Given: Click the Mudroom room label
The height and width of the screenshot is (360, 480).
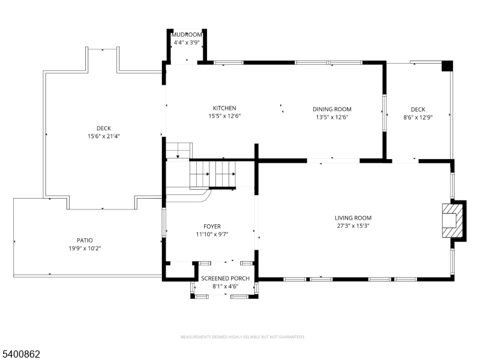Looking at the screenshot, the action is coord(187,35).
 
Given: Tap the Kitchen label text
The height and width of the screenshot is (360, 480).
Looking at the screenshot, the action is coord(224,108).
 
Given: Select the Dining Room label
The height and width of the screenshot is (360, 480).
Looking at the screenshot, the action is coord(332,109).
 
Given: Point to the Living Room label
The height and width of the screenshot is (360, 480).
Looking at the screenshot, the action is coord(353,218).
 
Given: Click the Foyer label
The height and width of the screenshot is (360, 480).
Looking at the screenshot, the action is coord(212,227).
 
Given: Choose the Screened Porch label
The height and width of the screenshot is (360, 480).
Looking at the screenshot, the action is coord(226,278).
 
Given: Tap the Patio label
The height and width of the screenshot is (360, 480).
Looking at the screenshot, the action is coord(85,241).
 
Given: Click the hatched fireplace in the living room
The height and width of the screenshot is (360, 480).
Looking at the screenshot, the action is coord(452,220).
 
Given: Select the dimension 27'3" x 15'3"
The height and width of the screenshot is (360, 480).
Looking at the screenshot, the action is coord(353,226).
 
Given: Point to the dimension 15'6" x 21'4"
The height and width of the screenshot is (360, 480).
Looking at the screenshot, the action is coord(104,136).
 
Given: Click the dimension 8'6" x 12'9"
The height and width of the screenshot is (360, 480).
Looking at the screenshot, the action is coord(418,117).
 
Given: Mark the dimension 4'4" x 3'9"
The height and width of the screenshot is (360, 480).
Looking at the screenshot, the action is coord(187,43).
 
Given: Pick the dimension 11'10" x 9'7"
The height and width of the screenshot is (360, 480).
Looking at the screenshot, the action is coord(212,235).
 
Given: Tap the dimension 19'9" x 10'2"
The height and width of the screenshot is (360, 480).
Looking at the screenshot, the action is coord(85,248).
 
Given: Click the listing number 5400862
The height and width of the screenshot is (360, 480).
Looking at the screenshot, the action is coord(20,354).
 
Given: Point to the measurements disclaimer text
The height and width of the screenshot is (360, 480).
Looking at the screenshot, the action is coord(242,337).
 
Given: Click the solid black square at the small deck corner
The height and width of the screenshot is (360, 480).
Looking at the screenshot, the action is coord(447,66).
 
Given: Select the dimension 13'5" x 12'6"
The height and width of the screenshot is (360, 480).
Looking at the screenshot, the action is coord(332,117).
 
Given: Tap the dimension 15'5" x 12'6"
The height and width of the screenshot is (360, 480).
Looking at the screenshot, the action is coord(224,116).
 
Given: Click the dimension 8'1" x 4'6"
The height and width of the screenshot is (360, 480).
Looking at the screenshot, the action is coord(226,287).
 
